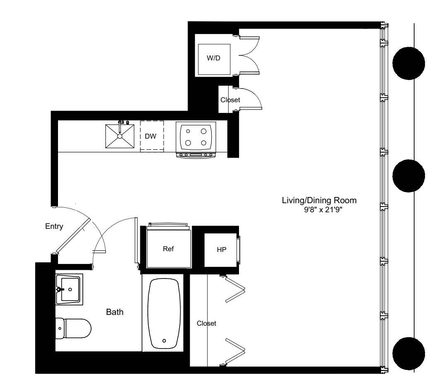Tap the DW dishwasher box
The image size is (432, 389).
pos(152,136)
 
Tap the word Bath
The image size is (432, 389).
pos(115,312)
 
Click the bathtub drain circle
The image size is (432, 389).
pos(164,341)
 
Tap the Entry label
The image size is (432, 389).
pos(54,226)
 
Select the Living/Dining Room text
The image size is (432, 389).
pos(319,201)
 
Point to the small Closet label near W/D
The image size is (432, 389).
pos(230,100)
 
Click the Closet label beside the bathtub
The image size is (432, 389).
pos(206,323)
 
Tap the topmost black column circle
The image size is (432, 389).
pos(409,63)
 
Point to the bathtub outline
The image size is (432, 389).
pos(164,314)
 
